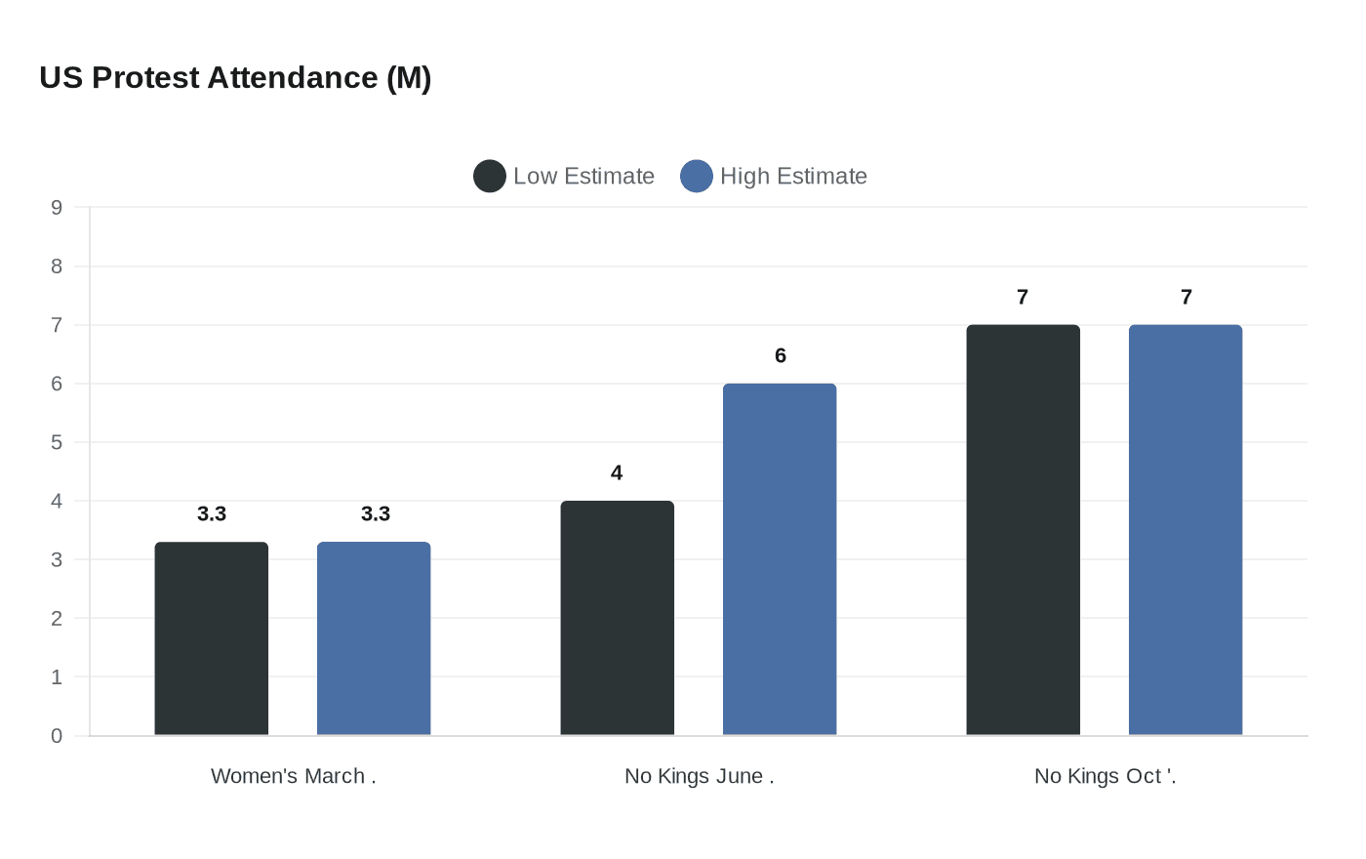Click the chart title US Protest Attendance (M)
235,78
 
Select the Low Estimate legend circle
490,177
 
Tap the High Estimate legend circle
697,177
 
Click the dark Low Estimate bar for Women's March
212,638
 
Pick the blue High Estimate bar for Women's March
374,638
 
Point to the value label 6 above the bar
781,356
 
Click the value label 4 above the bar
617,473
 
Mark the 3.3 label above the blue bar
376,514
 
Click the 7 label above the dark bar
1023,298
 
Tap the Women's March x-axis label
293,777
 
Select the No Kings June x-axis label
699,777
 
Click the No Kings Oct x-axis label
1105,777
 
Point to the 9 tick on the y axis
57,208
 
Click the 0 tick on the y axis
57,736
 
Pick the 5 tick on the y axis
57,442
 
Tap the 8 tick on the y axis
57,266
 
